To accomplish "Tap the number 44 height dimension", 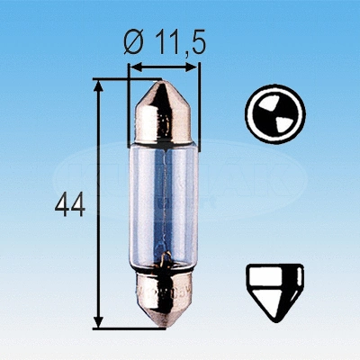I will point(69,205).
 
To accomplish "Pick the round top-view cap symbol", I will point(274,117).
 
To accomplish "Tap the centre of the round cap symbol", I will point(274,117).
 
